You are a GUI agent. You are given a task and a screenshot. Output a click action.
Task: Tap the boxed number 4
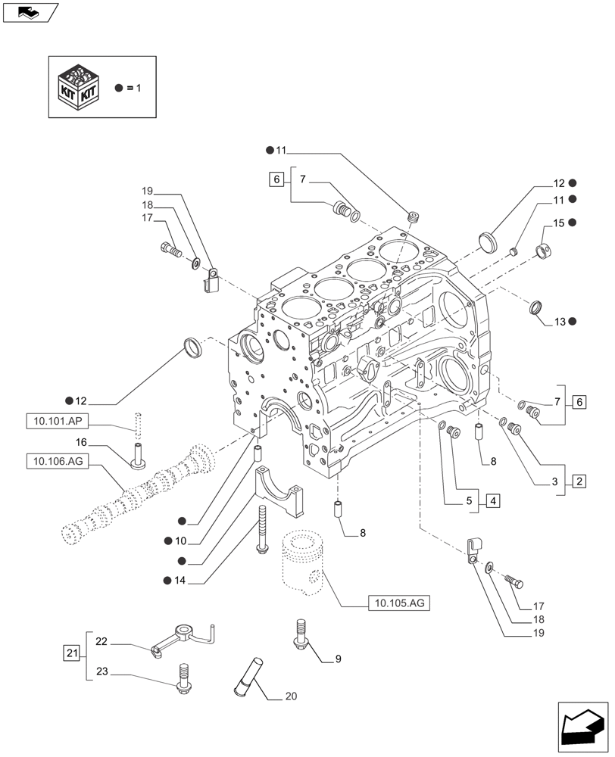[492, 500]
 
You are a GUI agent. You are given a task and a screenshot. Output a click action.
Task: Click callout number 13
[560, 322]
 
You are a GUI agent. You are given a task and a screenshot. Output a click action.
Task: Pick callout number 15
[558, 223]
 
